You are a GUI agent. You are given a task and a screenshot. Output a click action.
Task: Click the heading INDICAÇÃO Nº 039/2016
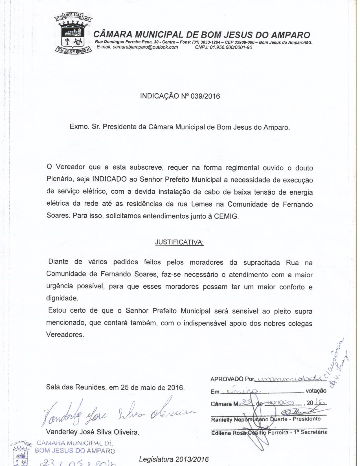click(x=180, y=96)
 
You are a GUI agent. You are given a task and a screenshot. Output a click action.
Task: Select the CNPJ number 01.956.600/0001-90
click(x=223, y=47)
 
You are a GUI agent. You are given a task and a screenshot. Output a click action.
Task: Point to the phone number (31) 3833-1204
click(x=206, y=42)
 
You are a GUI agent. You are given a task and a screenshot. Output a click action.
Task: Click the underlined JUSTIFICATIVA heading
click(x=179, y=242)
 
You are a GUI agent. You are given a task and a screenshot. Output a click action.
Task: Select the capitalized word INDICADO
click(x=109, y=180)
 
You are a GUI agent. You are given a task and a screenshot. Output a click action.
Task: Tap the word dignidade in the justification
click(x=62, y=298)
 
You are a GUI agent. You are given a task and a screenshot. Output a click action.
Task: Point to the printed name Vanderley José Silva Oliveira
click(x=93, y=432)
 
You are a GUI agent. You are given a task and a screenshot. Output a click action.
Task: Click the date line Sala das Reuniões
click(x=115, y=387)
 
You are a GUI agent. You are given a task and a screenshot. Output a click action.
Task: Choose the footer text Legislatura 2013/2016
click(x=174, y=459)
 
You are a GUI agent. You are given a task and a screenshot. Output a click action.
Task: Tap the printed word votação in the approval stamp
click(x=316, y=391)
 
